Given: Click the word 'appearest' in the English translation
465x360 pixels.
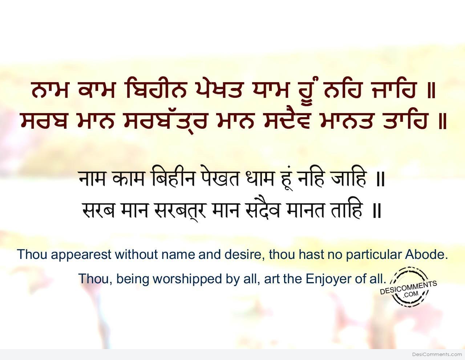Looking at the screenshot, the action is click(81, 255).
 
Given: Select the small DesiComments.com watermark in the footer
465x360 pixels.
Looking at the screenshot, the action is click(437, 354).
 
